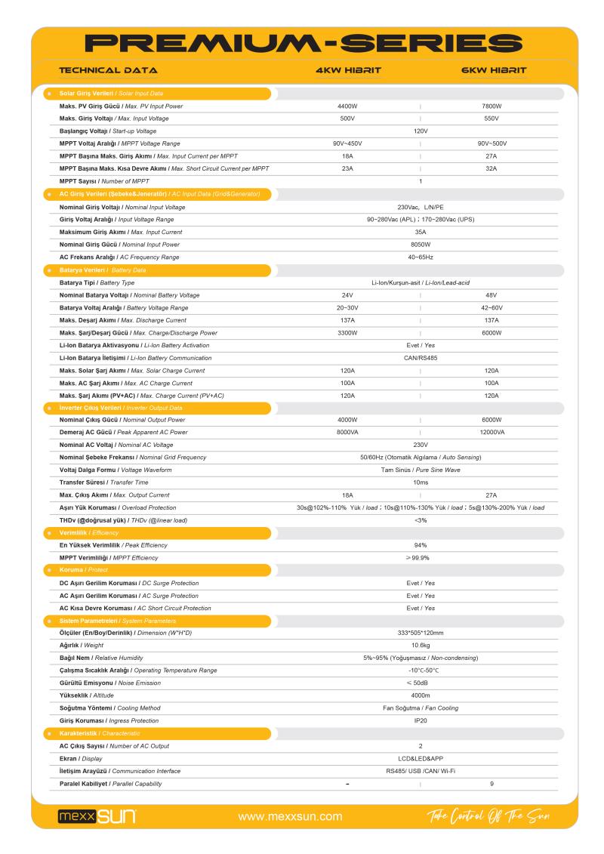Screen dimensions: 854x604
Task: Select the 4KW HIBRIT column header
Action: coord(348,70)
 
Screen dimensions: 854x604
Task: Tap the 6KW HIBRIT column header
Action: coord(493,70)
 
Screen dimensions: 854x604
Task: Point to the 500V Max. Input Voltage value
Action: coord(347,119)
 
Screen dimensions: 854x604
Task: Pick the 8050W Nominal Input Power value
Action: coord(421,244)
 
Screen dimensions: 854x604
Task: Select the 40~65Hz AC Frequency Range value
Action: coord(421,257)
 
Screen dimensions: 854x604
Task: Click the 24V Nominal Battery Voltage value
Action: coord(347,295)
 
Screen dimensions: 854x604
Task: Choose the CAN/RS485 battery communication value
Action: coord(421,358)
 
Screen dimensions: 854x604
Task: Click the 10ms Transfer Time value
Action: coord(421,482)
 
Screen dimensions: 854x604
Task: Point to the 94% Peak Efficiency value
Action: coord(421,545)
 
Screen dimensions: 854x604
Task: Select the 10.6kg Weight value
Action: coord(421,646)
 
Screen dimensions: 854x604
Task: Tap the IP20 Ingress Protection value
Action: coord(421,720)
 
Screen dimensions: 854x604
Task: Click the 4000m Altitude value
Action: coord(421,695)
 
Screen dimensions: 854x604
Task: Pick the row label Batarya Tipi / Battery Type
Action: coord(102,282)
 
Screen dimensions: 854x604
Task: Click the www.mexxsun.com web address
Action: coord(290,816)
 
